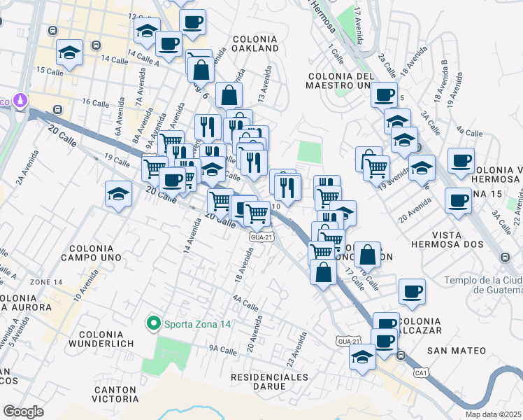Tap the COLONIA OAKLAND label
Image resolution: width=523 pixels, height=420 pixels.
[x=255, y=43]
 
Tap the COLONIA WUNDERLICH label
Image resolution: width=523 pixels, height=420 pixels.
[x=110, y=341]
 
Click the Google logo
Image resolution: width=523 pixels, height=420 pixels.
[x=24, y=411]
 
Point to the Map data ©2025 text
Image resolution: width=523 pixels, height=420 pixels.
[x=493, y=414]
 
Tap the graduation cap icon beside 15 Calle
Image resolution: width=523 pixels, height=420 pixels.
[x=70, y=53]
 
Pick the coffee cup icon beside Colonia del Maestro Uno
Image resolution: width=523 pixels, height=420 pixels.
[x=383, y=94]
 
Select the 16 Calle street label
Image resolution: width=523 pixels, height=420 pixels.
[x=96, y=102]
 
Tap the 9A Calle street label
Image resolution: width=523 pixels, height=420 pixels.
[x=223, y=349]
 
